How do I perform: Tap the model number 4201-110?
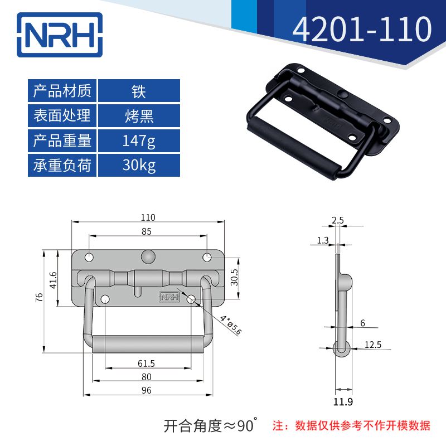[x=362, y=30]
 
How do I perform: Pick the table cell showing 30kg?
[x=139, y=166]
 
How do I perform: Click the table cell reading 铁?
[x=139, y=91]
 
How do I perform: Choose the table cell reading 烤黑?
[x=139, y=116]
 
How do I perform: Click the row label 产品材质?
[x=62, y=91]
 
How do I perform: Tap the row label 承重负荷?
[x=62, y=166]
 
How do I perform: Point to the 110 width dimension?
[x=148, y=217]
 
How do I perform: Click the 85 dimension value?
[x=147, y=231]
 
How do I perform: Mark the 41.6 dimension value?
[x=52, y=279]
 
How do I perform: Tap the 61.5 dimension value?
[x=147, y=363]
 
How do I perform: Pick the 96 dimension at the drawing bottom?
[x=147, y=390]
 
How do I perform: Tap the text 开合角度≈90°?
[x=211, y=426]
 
